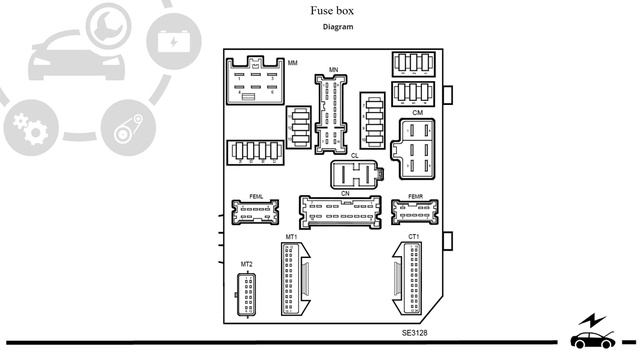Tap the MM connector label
tap(293, 63)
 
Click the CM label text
tap(417, 114)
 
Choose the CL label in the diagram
tap(355, 156)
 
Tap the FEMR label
tap(418, 196)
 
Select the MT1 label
tap(291, 237)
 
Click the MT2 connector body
tap(247, 292)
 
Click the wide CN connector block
tap(341, 212)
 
